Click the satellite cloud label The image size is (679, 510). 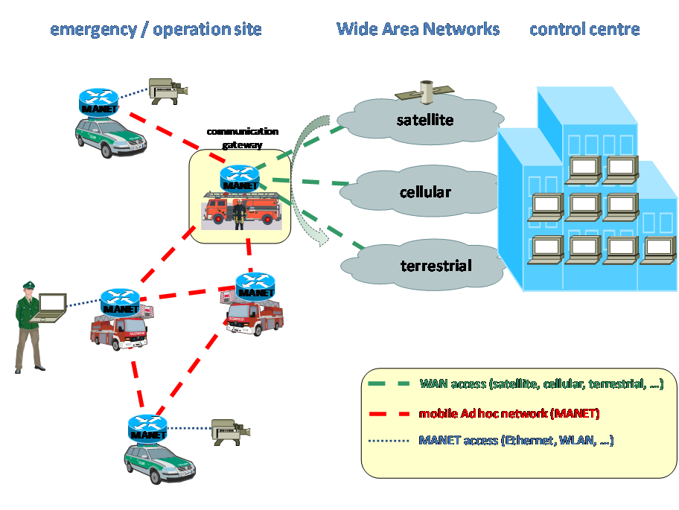pyautogui.click(x=424, y=119)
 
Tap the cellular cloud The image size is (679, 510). pyautogui.click(x=424, y=192)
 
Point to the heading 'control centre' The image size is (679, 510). pyautogui.click(x=584, y=29)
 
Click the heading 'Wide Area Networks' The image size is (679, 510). pyautogui.click(x=418, y=29)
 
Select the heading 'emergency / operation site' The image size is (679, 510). pyautogui.click(x=156, y=30)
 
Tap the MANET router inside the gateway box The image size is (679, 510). pyautogui.click(x=240, y=179)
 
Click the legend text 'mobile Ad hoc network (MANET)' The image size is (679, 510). pyautogui.click(x=509, y=412)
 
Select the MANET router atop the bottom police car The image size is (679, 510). pyautogui.click(x=147, y=427)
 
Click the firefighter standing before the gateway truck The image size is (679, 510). pyautogui.click(x=239, y=214)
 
